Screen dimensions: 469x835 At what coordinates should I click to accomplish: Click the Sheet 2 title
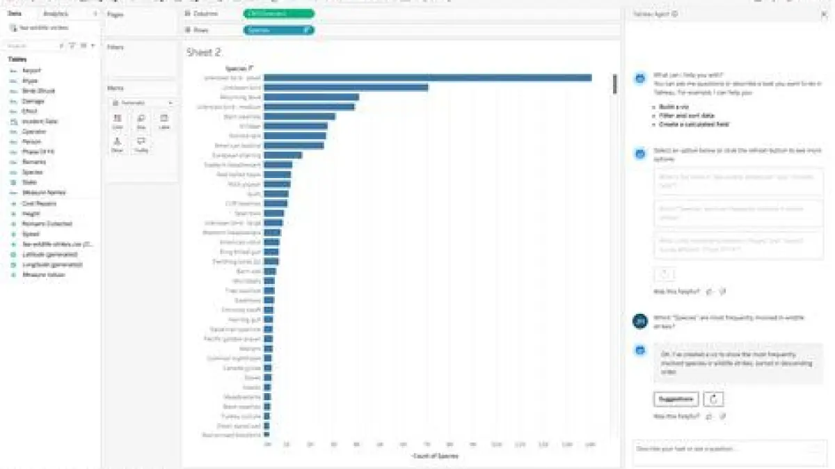point(204,52)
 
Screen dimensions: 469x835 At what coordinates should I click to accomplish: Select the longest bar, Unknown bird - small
point(427,77)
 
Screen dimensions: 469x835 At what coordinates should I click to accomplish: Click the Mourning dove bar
point(311,97)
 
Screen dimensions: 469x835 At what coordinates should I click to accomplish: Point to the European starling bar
point(283,155)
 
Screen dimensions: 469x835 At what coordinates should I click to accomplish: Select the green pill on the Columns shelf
point(278,13)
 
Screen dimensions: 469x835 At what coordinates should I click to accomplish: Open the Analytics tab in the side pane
point(56,14)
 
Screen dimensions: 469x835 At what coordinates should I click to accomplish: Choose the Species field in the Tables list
point(32,172)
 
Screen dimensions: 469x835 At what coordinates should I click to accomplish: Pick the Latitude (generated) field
point(52,255)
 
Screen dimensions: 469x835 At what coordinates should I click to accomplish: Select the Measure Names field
point(44,192)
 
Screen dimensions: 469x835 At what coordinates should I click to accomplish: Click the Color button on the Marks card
point(118,122)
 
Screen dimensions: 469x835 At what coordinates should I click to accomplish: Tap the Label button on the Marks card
point(164,122)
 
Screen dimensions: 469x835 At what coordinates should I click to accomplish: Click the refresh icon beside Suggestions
point(713,399)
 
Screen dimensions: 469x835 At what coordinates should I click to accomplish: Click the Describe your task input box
point(724,450)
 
